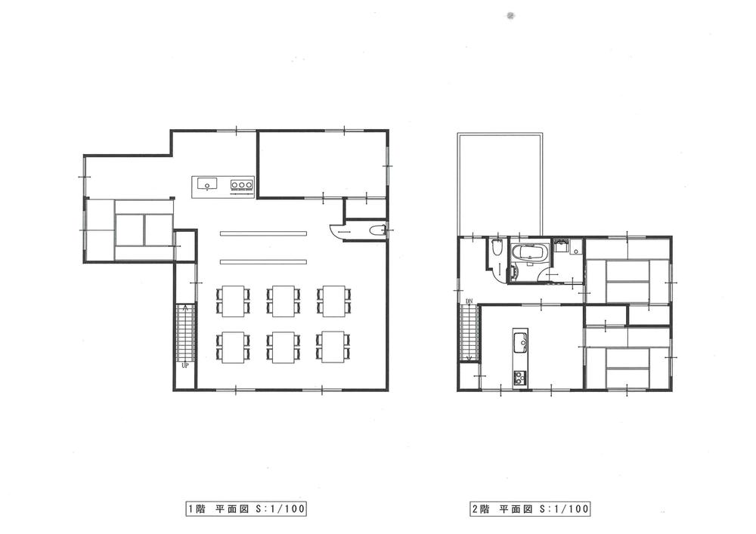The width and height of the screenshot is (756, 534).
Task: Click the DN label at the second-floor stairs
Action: (469, 302)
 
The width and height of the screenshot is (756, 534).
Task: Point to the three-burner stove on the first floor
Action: (241, 184)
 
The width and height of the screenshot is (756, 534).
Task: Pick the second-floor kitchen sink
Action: (520, 344)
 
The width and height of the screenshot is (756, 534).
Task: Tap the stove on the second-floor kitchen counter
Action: (520, 376)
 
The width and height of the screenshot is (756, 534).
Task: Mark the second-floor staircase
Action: (469, 331)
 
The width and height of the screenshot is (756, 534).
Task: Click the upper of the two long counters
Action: (264, 233)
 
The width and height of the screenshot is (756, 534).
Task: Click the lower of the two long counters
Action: (264, 261)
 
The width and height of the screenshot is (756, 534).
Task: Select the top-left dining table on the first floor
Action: (232, 300)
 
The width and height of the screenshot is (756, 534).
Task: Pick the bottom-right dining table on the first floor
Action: (333, 346)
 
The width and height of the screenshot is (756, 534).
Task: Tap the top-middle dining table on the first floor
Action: (283, 300)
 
